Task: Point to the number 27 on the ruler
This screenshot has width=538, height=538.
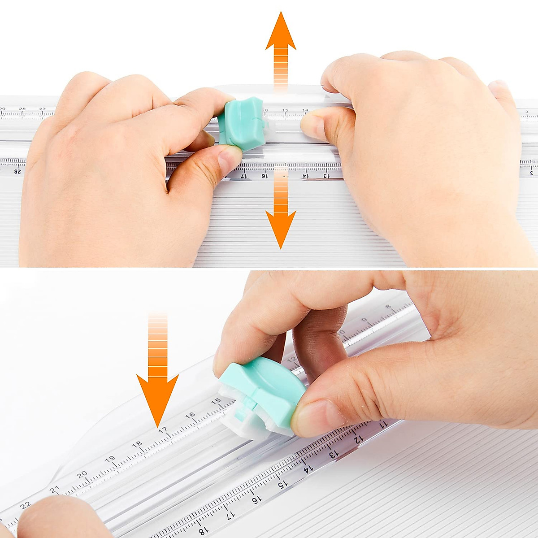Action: (42, 109)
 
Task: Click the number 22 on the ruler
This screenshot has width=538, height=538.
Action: (25, 505)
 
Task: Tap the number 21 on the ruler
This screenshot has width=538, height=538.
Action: (54, 490)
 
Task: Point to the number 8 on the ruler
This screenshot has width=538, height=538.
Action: (388, 307)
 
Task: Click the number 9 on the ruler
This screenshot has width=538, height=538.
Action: (364, 320)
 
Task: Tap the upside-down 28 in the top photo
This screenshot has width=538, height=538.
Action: (18, 171)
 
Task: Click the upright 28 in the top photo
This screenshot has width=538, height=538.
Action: (22, 109)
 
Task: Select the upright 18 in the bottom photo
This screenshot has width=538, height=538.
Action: (137, 444)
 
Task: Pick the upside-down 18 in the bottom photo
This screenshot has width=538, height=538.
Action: (202, 532)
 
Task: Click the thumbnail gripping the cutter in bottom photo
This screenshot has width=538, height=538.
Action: (314, 417)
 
